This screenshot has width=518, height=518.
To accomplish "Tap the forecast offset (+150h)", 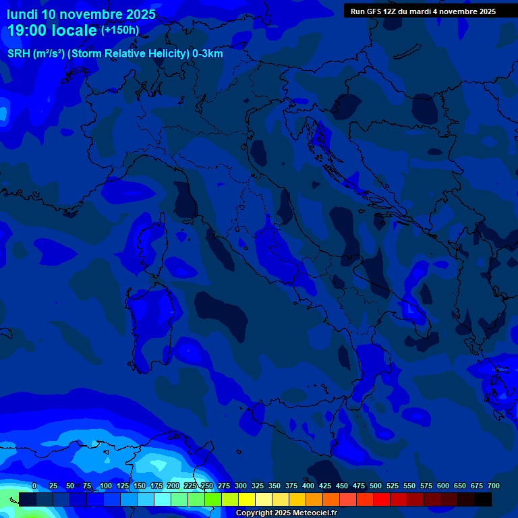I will pos(120,30).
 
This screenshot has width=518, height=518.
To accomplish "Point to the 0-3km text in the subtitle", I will pos(208,54).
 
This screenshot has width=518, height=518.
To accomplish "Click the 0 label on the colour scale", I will pos(34,486).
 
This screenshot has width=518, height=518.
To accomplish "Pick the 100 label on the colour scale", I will pos(106,486).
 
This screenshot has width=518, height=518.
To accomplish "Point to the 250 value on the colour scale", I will pos(207,486).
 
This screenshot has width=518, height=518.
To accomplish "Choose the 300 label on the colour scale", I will pos(241,486).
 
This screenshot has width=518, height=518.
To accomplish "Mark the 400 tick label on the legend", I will pos(308,486).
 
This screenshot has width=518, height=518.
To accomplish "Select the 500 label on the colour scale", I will pos(376,486).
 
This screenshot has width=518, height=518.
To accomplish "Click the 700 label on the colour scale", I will pos(494,486).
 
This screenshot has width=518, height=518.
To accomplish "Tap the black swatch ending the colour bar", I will pos(483,499).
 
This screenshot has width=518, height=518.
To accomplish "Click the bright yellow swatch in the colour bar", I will pos(247,499).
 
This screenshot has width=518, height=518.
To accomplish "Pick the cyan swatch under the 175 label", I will pos(163,499).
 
